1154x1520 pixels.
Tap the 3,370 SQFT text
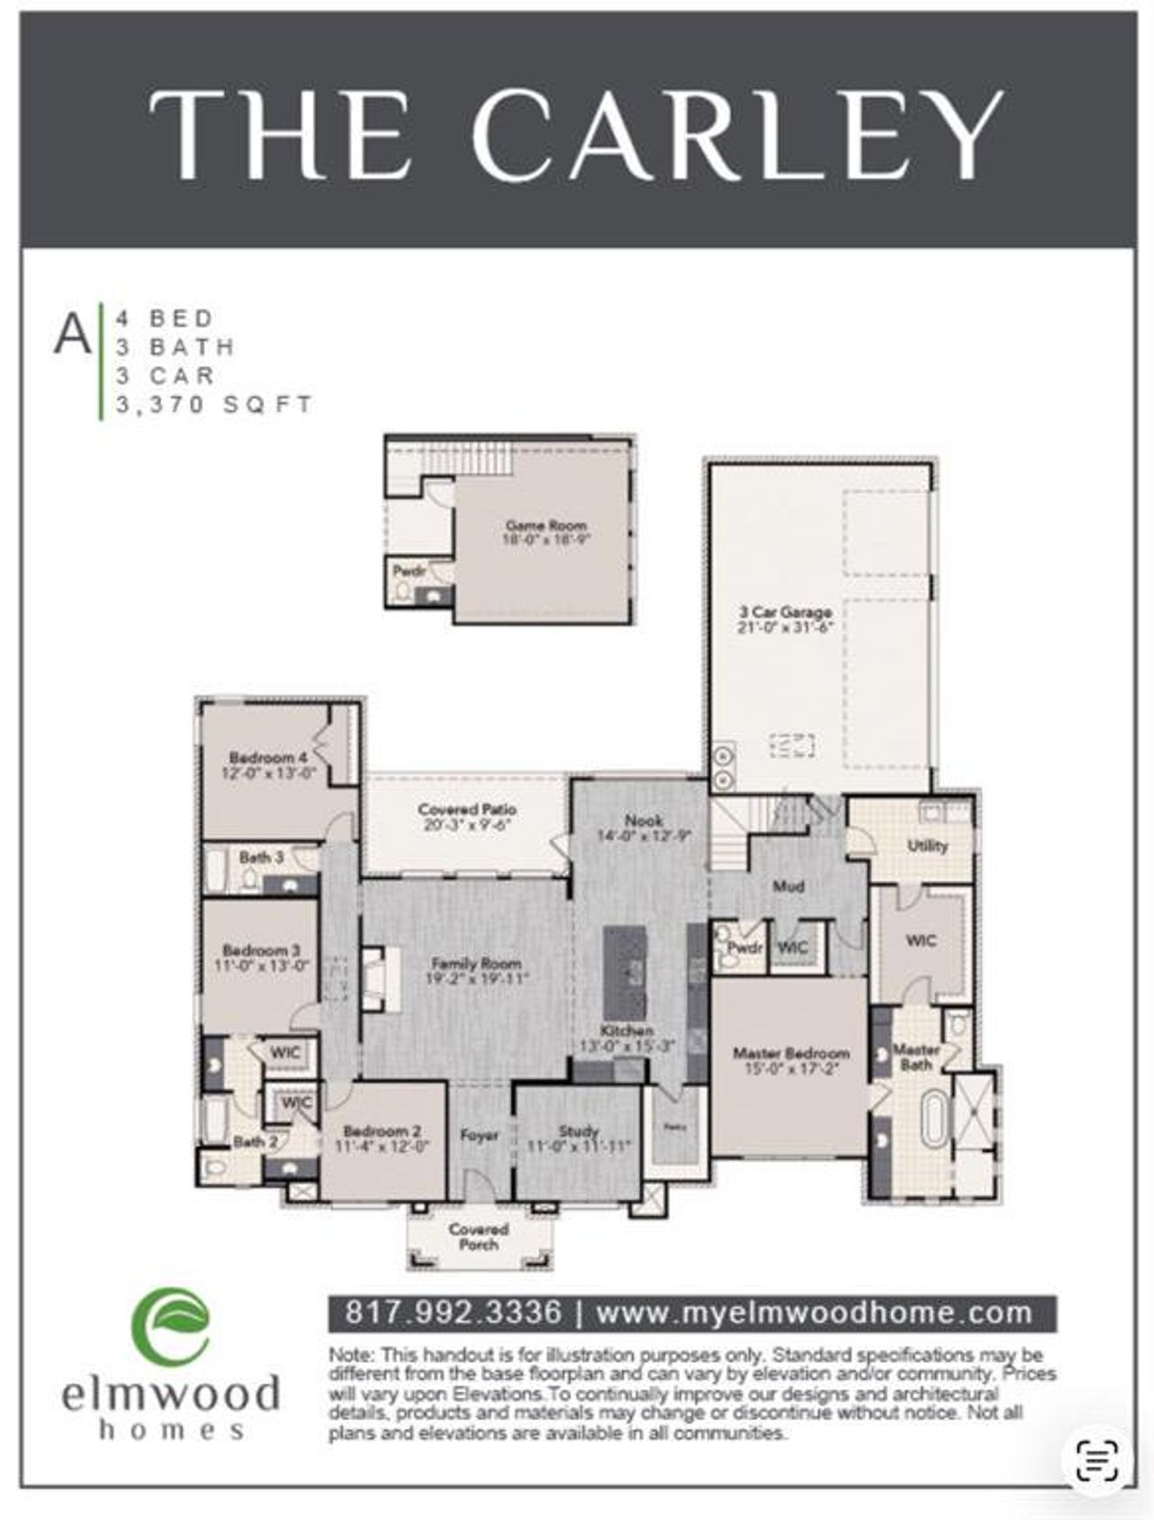coord(215,405)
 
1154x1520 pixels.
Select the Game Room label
coord(545,525)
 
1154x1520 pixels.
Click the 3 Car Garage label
coord(784,612)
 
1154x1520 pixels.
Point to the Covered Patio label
coord(467,810)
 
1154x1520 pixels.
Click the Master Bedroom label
coord(791,1052)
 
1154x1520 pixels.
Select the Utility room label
coord(928,845)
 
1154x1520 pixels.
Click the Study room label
coord(578,1131)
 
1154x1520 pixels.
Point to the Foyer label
coord(479,1135)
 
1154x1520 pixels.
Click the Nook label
coord(644,820)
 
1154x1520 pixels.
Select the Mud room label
coord(788,886)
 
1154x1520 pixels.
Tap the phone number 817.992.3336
coord(453,1312)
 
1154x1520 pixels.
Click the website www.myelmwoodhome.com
coord(813,1312)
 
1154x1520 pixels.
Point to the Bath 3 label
coord(261,856)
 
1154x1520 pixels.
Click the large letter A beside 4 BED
coord(72,333)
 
